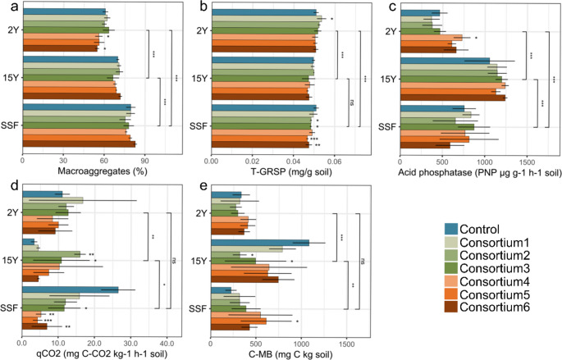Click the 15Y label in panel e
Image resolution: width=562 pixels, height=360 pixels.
(199, 262)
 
